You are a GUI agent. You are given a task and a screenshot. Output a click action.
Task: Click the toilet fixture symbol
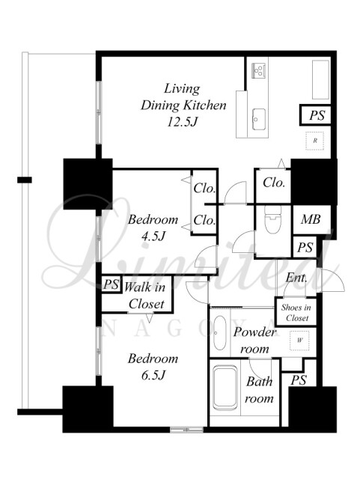[272, 219]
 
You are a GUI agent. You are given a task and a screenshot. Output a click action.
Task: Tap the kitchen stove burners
[258, 70]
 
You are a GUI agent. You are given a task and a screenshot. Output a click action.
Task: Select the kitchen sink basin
[259, 119]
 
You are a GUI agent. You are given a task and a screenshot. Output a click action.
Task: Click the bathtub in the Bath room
[225, 388]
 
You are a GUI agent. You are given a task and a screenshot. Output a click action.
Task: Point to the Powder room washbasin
[219, 332]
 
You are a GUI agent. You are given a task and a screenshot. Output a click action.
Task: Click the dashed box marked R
[315, 141]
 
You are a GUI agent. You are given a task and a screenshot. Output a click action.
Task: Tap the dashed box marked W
[299, 340]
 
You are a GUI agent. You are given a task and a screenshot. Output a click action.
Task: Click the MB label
[311, 219]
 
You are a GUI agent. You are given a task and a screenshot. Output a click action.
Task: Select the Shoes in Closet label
[296, 313]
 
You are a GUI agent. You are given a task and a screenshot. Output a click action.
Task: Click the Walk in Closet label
[145, 296]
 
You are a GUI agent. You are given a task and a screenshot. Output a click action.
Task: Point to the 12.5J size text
[183, 122]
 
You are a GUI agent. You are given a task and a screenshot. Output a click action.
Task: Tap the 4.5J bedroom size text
[153, 237]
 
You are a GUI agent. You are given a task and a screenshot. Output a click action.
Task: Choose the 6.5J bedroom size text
[153, 375]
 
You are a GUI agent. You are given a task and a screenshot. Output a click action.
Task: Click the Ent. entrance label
[296, 278]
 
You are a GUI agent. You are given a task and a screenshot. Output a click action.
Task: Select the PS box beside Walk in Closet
[111, 284]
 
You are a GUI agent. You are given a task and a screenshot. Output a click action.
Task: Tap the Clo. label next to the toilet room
[274, 183]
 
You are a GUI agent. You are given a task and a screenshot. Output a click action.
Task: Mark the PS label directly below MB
[305, 247]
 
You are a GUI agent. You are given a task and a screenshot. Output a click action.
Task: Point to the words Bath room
[259, 390]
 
